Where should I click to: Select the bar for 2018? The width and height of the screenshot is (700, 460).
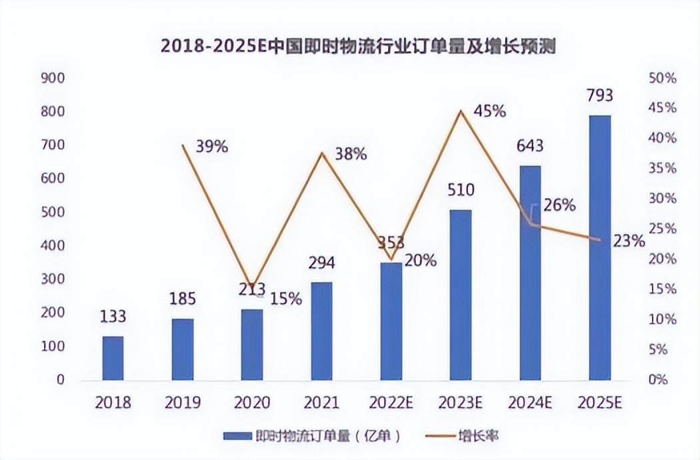[x=113, y=358]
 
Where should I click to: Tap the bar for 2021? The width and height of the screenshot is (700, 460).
[x=321, y=331]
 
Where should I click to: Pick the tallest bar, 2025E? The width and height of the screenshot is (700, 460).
[x=599, y=247]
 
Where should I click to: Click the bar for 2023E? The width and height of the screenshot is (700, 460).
[x=461, y=295]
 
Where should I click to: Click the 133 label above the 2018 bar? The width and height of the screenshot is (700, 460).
[x=113, y=317]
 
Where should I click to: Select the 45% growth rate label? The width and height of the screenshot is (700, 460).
[x=489, y=111]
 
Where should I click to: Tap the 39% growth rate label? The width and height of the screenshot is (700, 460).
[x=211, y=147]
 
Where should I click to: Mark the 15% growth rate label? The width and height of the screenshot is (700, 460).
[x=287, y=299]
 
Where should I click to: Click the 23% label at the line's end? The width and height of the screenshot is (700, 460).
[x=629, y=241]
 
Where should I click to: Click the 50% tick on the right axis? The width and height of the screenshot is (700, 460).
[x=662, y=78]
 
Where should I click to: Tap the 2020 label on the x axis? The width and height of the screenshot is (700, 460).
[x=252, y=403]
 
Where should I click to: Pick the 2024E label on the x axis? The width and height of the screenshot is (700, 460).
[x=530, y=403]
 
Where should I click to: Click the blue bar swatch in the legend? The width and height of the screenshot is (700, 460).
[x=237, y=437]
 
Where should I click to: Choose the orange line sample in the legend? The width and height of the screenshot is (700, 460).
[x=439, y=437]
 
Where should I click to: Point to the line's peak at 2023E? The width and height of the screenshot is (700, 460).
[x=461, y=111]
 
